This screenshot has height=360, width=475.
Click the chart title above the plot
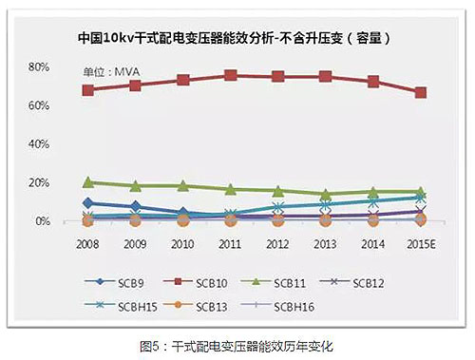[x=236, y=40]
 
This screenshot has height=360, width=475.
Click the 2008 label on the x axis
[x=88, y=242]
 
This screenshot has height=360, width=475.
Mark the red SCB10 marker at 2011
[x=231, y=75]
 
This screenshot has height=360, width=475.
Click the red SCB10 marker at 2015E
[x=420, y=92]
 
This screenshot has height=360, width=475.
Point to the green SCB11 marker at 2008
[x=88, y=181]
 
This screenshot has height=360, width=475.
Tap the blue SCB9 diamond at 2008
[x=88, y=202]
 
